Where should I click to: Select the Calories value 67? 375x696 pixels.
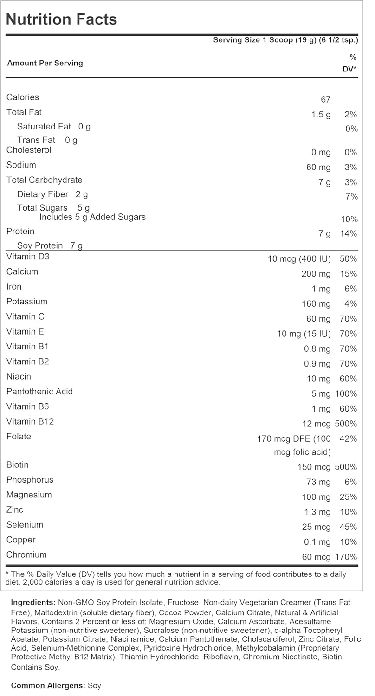tap(325, 99)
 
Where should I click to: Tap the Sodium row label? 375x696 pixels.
tap(21, 165)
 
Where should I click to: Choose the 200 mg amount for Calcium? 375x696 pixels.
tap(316, 274)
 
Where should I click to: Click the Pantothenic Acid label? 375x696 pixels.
tap(39, 392)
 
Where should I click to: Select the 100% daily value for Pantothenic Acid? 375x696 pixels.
tap(346, 394)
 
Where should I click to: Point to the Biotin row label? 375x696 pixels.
tap(18, 465)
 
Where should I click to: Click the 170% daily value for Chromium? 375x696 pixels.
tap(346, 557)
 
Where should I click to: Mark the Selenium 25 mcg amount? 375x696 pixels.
tap(316, 527)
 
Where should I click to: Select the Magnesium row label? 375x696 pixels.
tap(29, 495)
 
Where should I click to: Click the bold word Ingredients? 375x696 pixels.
tap(33, 603)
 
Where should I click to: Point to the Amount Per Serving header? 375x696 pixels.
tap(45, 63)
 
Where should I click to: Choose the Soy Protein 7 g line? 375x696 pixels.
tap(50, 245)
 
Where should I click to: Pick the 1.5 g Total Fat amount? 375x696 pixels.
tap(321, 114)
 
